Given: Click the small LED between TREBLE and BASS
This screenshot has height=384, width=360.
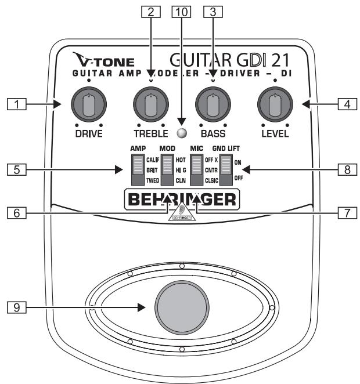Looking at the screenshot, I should [x=181, y=134].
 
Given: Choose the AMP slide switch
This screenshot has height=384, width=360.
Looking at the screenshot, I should [x=137, y=169].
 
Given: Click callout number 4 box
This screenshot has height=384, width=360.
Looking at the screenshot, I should [x=345, y=105].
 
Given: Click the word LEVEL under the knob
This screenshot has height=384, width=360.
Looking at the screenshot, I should [x=275, y=135].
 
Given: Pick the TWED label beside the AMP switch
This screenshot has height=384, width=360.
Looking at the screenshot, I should [x=153, y=180].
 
